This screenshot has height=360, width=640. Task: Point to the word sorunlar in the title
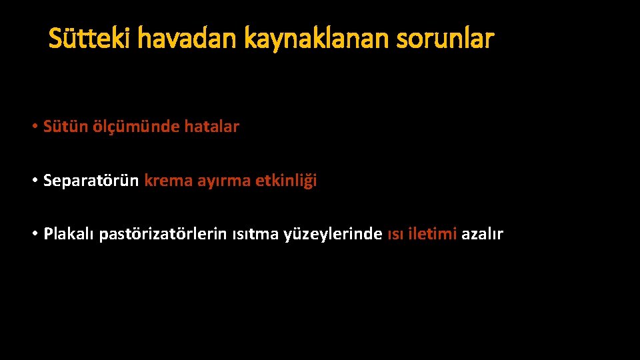click(445, 39)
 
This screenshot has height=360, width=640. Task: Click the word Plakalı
click(69, 235)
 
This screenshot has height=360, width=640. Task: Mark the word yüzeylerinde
click(334, 235)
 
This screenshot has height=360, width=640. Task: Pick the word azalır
click(482, 235)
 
